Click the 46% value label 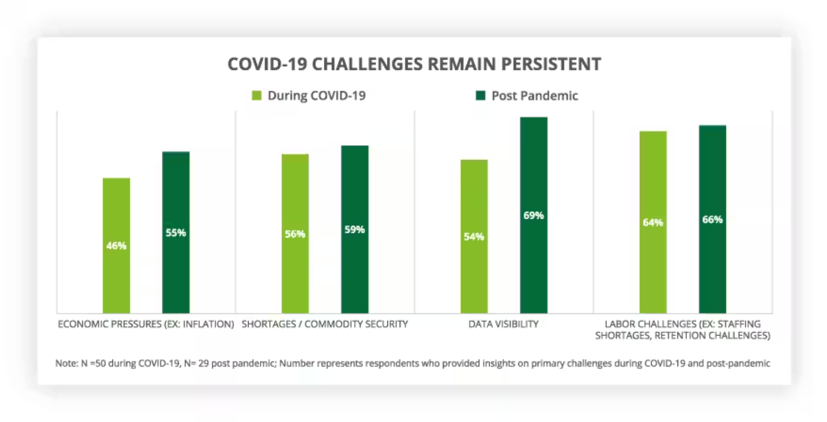(116, 246)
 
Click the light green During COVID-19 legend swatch (257, 96)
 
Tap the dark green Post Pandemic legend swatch (481, 96)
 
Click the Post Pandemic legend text (534, 96)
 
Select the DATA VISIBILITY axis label (503, 324)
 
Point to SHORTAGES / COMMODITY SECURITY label (324, 324)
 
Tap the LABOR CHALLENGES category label (682, 330)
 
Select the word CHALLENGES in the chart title (367, 64)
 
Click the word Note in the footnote (66, 363)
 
